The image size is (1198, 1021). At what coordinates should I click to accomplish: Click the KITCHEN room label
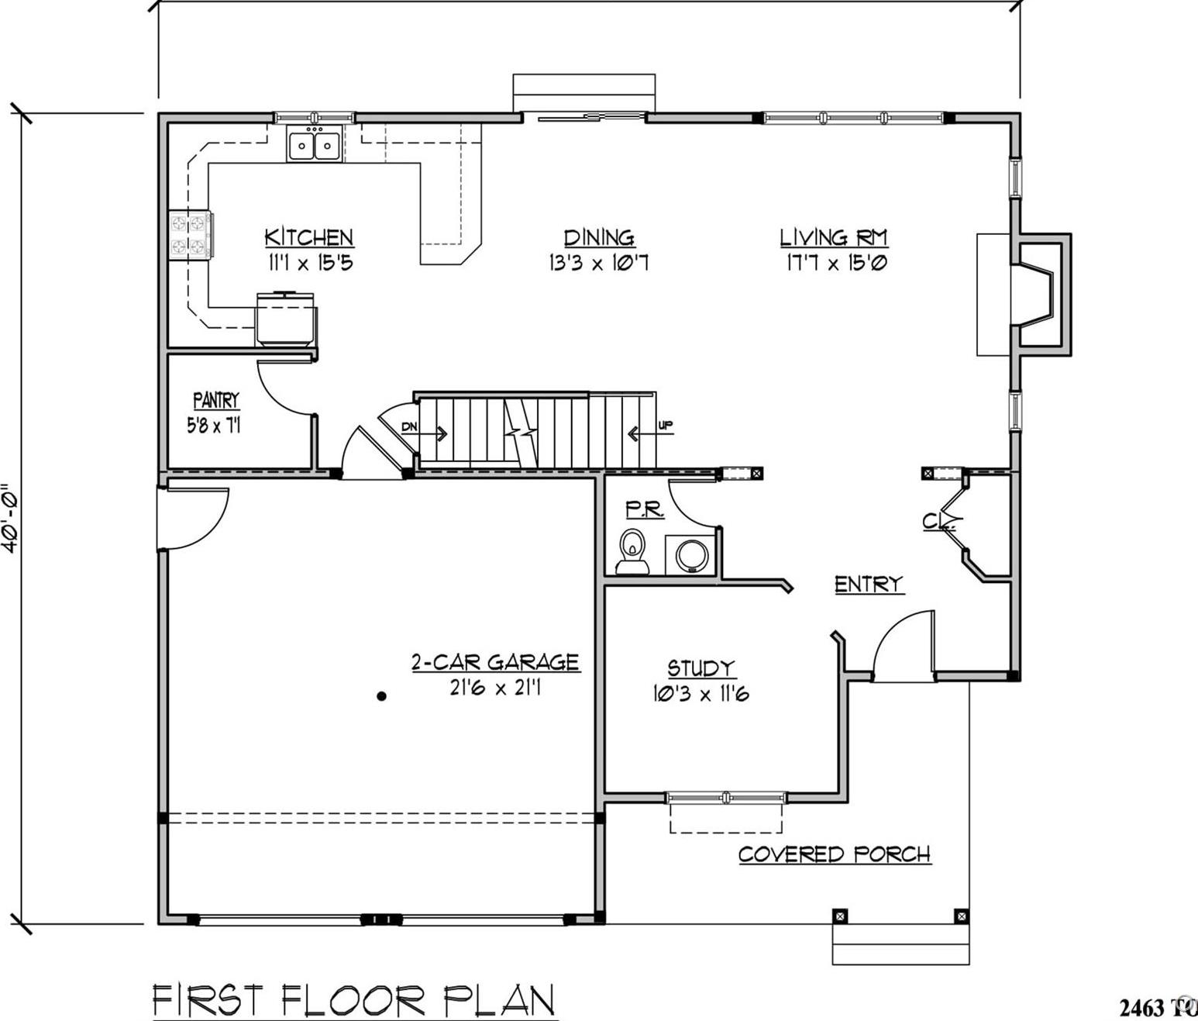point(308,237)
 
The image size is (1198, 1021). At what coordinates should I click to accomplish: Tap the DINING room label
point(598,237)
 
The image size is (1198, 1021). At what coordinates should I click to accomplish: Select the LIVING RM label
point(833,237)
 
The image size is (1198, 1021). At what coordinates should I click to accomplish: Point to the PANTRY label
point(216,400)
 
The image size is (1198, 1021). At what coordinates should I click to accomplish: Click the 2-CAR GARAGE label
point(495,662)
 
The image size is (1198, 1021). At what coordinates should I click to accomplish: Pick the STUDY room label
point(701,668)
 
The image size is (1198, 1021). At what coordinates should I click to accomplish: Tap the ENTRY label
point(869,584)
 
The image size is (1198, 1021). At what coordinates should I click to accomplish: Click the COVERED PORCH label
point(835,854)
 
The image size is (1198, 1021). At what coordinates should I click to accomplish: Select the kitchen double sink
point(315,145)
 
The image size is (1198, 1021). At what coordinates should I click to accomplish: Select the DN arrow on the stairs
point(424,432)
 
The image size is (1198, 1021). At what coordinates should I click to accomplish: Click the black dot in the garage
point(381,696)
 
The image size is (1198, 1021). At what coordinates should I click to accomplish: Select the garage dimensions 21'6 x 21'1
point(495,688)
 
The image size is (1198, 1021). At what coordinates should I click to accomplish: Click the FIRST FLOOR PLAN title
point(353,1000)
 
